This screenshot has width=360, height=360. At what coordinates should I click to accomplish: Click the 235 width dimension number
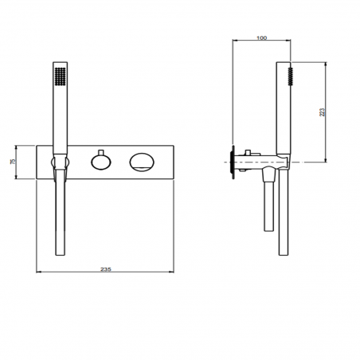point(106,269)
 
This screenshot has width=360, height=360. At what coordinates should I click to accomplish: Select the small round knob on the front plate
point(100,162)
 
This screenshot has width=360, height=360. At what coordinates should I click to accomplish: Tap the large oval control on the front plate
point(143,162)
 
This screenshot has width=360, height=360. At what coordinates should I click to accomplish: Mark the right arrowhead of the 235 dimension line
point(174,275)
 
